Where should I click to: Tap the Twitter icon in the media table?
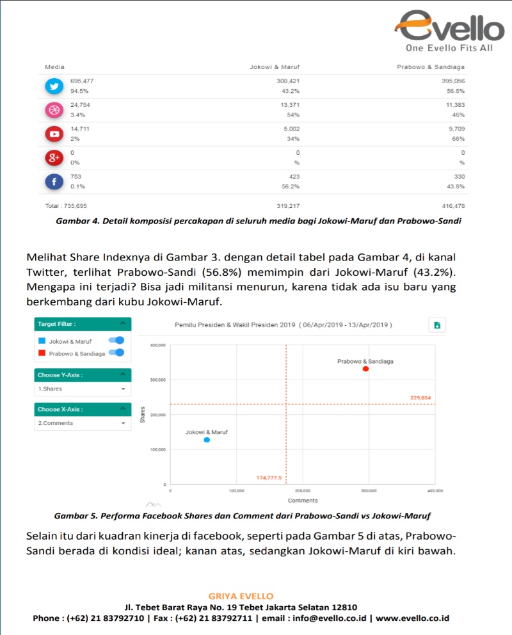(x=54, y=86)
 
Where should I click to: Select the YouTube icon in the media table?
(x=54, y=134)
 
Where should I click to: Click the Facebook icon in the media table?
(x=54, y=182)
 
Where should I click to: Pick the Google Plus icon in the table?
(x=54, y=158)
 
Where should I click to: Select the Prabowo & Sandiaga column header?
(x=431, y=67)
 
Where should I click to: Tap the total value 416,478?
(x=452, y=206)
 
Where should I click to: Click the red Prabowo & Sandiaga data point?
(x=365, y=369)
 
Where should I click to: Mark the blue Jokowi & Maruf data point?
(x=207, y=440)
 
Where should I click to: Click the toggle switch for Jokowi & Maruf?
(x=116, y=341)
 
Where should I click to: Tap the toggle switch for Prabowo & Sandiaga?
(x=116, y=352)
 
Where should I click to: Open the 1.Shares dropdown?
(x=82, y=389)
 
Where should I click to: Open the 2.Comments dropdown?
(x=82, y=423)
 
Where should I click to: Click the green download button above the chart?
(x=437, y=325)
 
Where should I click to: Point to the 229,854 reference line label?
(x=420, y=398)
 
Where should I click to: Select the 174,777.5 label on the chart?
(x=269, y=478)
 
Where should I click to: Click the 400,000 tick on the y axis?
(x=157, y=345)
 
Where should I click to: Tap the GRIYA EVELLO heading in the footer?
(x=241, y=596)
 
